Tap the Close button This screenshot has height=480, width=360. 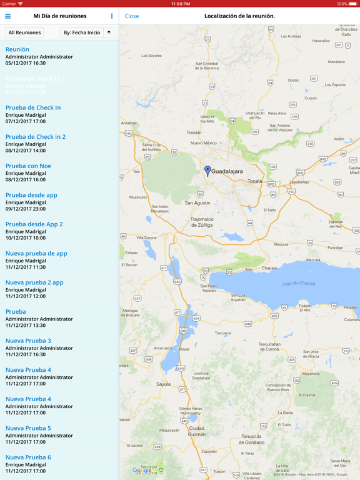(132, 16)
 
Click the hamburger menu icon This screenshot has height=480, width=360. (8, 16)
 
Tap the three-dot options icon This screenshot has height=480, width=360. (112, 16)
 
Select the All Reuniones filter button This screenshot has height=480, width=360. (24, 32)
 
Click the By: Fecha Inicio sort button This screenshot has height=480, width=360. (82, 32)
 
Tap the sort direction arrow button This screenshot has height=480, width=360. (109, 32)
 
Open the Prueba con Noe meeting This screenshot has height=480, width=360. (28, 166)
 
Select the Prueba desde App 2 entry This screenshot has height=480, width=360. (34, 224)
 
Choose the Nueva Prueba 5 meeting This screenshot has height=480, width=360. (28, 428)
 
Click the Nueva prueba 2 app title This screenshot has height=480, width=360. (34, 282)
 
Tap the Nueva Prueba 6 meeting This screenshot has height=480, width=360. (28, 457)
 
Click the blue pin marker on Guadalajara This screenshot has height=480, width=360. (207, 169)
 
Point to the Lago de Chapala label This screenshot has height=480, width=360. (298, 284)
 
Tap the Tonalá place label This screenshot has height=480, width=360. (254, 181)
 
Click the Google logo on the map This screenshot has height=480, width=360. (142, 470)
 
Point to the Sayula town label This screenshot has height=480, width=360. (163, 384)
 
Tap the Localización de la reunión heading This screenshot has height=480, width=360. (239, 16)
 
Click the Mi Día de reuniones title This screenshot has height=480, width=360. (60, 16)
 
